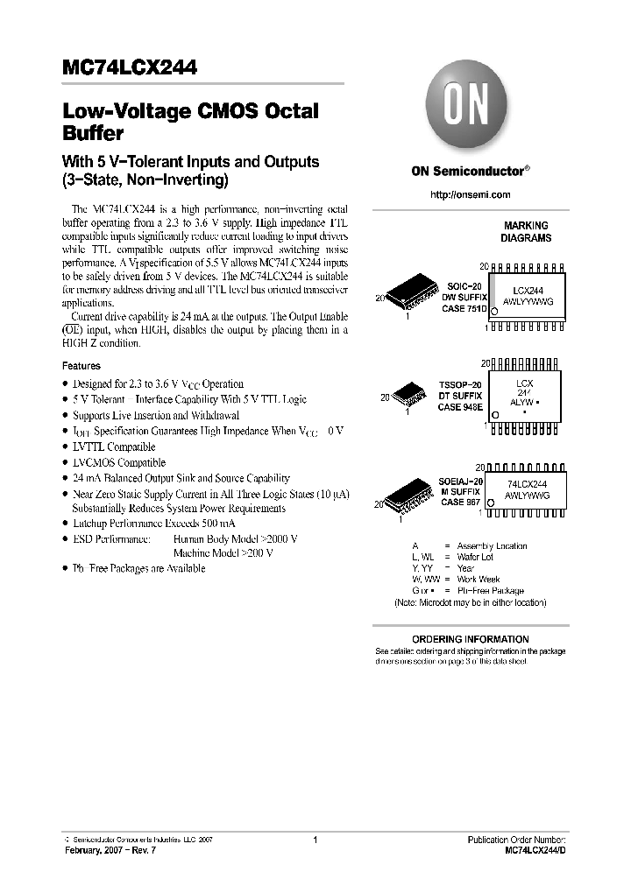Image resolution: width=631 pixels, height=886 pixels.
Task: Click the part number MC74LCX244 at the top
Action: pos(130,67)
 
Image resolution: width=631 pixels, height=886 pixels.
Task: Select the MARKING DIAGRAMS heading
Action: pos(526,232)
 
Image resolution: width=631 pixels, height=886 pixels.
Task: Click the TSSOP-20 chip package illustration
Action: pos(411,391)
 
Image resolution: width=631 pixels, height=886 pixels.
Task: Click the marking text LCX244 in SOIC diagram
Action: pos(528,289)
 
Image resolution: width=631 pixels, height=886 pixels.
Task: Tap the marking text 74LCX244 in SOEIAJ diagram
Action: pos(528,484)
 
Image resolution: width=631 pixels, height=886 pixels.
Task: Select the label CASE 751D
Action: pos(464,309)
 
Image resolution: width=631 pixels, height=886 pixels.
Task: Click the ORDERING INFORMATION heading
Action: pos(471,639)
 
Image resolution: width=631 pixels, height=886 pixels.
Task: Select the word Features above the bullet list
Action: pos(82,366)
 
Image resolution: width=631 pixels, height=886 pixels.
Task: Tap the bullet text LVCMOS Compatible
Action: pos(120,462)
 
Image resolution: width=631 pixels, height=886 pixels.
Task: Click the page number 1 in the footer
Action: pos(315,840)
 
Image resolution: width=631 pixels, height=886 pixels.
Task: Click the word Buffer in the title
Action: pos(93,135)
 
